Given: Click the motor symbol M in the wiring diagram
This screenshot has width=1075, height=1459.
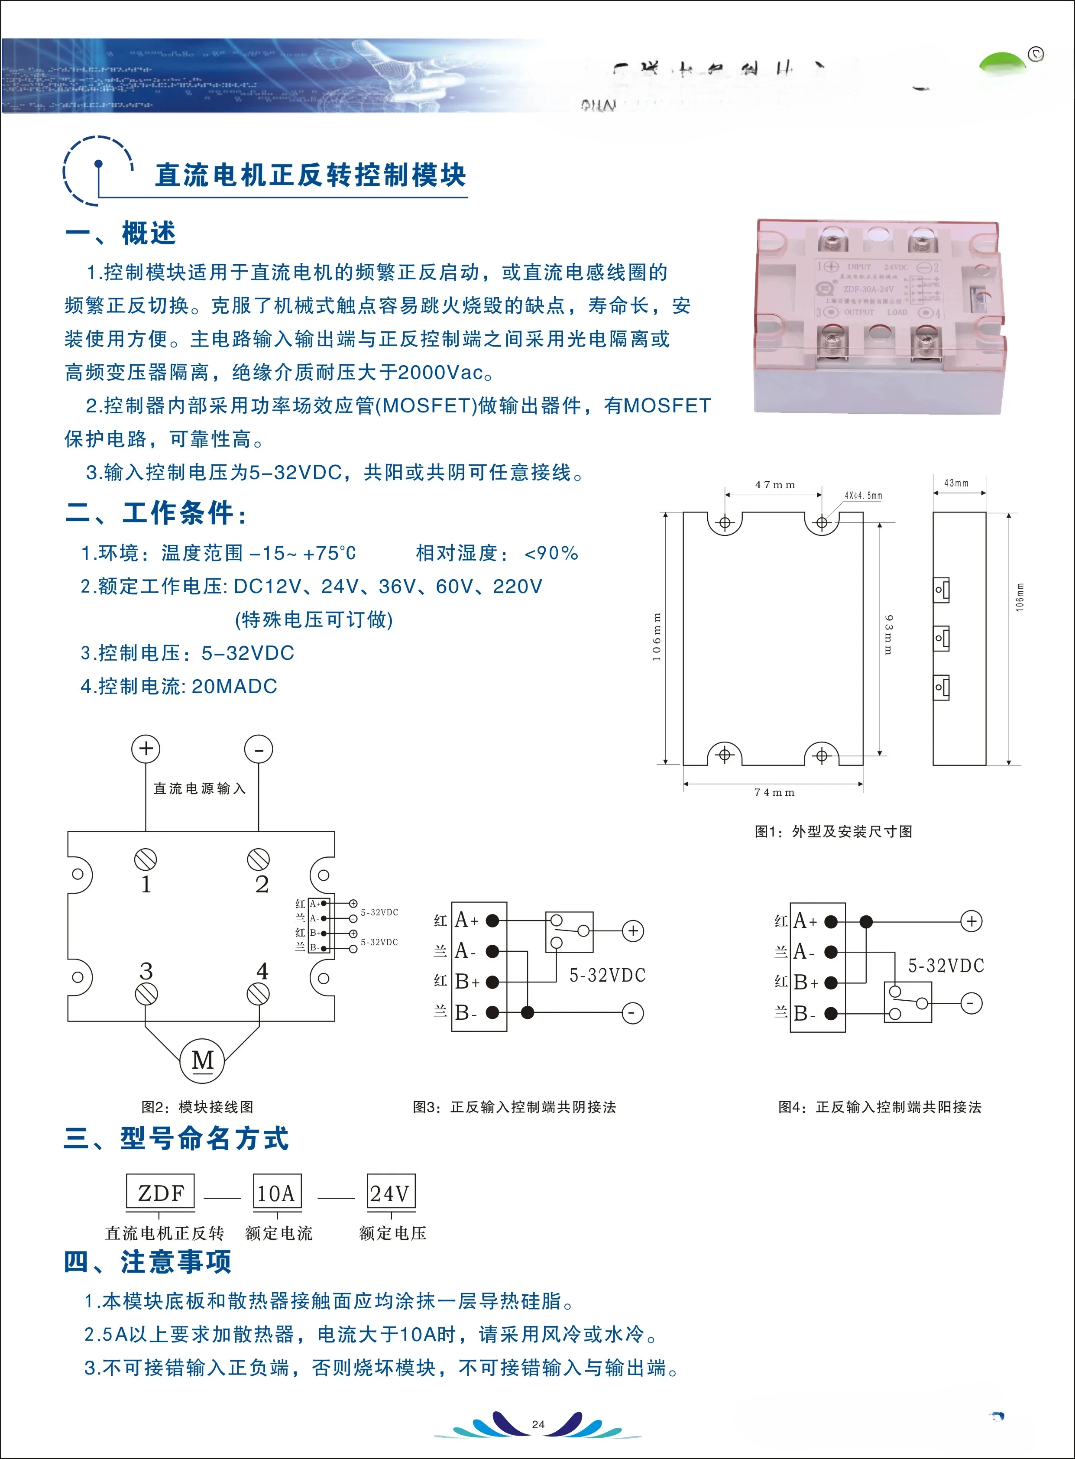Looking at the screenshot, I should (202, 1061).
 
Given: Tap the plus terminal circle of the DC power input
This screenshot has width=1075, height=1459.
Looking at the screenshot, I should (146, 749).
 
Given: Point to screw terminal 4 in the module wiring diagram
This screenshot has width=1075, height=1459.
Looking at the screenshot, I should (259, 994).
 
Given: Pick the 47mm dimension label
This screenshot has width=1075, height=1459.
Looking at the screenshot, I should (775, 485).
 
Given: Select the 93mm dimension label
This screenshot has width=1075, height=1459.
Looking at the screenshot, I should (889, 635).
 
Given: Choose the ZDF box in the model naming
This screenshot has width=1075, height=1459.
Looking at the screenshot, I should (161, 1193).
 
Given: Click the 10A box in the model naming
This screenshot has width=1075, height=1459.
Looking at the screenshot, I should (277, 1193).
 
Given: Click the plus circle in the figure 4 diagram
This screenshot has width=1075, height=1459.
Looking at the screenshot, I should (971, 921).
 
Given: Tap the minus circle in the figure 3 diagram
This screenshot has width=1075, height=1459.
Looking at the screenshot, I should (632, 1012).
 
